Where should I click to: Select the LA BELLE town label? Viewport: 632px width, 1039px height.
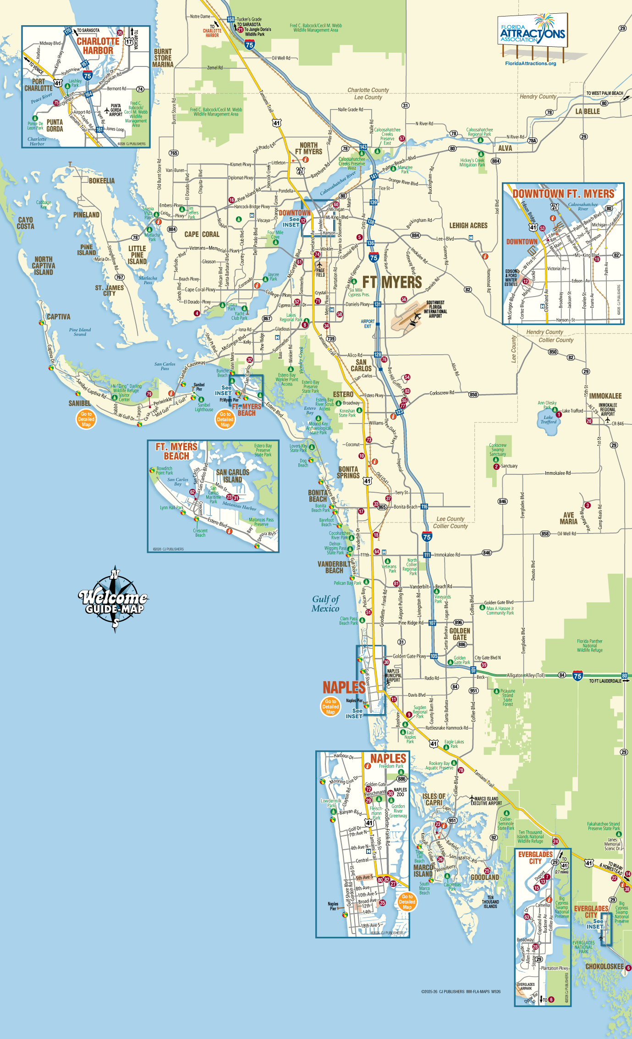[x=588, y=111]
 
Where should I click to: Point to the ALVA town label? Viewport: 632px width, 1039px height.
[x=505, y=148]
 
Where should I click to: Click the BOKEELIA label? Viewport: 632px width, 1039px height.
[x=102, y=181]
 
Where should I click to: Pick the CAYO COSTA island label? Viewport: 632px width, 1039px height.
[x=26, y=223]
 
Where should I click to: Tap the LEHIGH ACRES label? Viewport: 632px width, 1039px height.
[x=468, y=225]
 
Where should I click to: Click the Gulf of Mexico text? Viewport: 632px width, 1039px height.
[x=325, y=604]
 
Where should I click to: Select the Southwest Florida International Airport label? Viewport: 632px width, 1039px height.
[x=435, y=309]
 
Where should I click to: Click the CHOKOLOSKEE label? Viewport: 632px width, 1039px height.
[x=605, y=966]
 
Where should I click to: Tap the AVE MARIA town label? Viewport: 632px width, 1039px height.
[x=568, y=518]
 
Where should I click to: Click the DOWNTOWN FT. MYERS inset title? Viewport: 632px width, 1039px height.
[x=563, y=194]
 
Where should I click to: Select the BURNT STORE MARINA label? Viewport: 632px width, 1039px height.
[x=163, y=58]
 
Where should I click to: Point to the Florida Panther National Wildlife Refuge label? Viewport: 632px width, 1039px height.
[x=589, y=645]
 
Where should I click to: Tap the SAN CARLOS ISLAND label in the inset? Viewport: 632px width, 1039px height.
[x=232, y=476]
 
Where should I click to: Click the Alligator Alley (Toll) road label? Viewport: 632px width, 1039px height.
[x=526, y=675]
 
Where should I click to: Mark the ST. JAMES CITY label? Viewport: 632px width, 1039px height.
[x=109, y=291]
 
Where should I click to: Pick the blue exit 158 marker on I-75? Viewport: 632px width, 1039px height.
[x=231, y=19]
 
